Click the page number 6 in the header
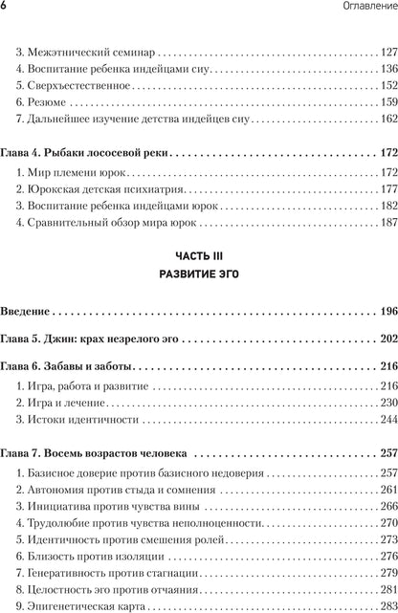[6, 9]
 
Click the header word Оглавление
[362, 9]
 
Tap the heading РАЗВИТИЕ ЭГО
[198, 274]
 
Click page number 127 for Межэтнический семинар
[387, 50]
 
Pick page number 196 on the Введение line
[387, 311]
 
